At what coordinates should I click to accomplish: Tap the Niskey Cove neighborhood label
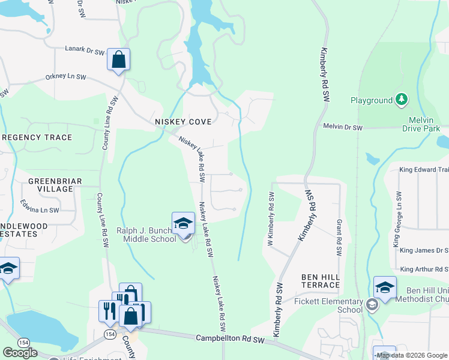(x=183, y=122)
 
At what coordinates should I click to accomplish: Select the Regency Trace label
(x=37, y=137)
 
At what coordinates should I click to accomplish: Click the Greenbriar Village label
(x=50, y=184)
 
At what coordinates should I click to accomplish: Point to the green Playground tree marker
(x=401, y=100)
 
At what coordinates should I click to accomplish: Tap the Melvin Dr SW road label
(x=343, y=128)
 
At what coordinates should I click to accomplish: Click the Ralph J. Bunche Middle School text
(x=146, y=235)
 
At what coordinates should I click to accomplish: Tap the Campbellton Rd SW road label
(x=231, y=339)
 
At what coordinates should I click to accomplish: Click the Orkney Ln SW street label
(x=66, y=77)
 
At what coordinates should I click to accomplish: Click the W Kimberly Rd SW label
(x=270, y=220)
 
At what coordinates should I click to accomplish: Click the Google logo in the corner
(x=20, y=353)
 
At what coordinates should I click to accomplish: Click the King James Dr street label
(x=424, y=250)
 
